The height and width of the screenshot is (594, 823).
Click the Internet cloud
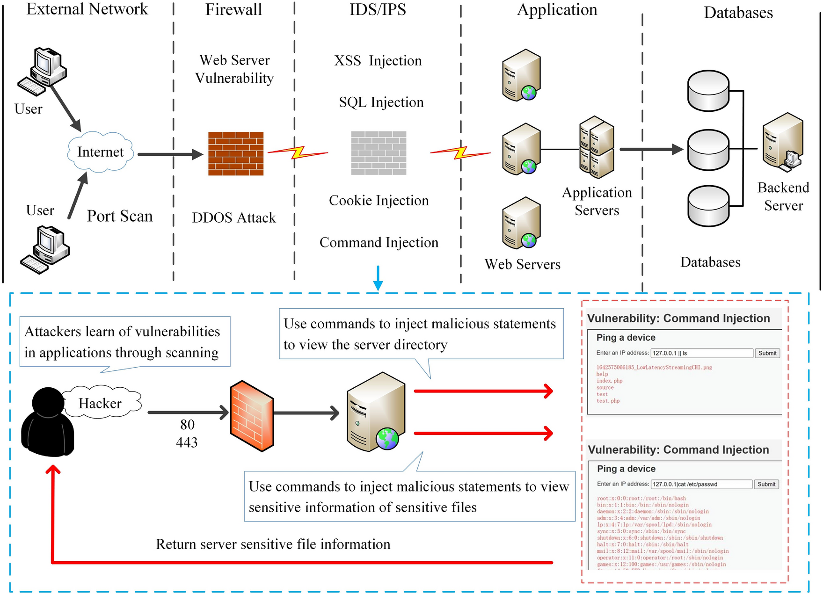(x=101, y=152)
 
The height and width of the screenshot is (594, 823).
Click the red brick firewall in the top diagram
(x=236, y=153)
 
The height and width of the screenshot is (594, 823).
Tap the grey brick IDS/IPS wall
(x=379, y=153)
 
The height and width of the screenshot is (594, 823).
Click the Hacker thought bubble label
(x=100, y=403)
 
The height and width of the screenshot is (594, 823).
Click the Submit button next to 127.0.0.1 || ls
(x=767, y=353)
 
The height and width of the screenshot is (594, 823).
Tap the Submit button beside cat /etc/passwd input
(x=766, y=484)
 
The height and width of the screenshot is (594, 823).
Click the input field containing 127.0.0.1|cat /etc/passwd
(x=701, y=484)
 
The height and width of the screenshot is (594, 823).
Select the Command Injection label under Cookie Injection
(x=379, y=242)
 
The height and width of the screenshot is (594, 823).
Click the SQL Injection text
(x=381, y=102)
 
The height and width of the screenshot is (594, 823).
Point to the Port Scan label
(x=120, y=216)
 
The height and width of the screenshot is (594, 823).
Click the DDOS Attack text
(x=234, y=218)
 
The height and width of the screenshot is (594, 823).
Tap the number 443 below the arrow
(x=187, y=442)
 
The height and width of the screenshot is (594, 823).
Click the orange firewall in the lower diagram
(x=252, y=416)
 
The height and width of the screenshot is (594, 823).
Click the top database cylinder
(x=708, y=91)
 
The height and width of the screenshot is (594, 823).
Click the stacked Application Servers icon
(x=597, y=147)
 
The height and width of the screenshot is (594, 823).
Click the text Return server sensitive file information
(x=273, y=544)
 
